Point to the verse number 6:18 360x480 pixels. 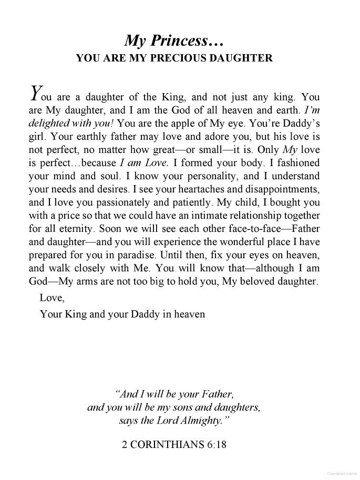[x=216, y=444]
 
